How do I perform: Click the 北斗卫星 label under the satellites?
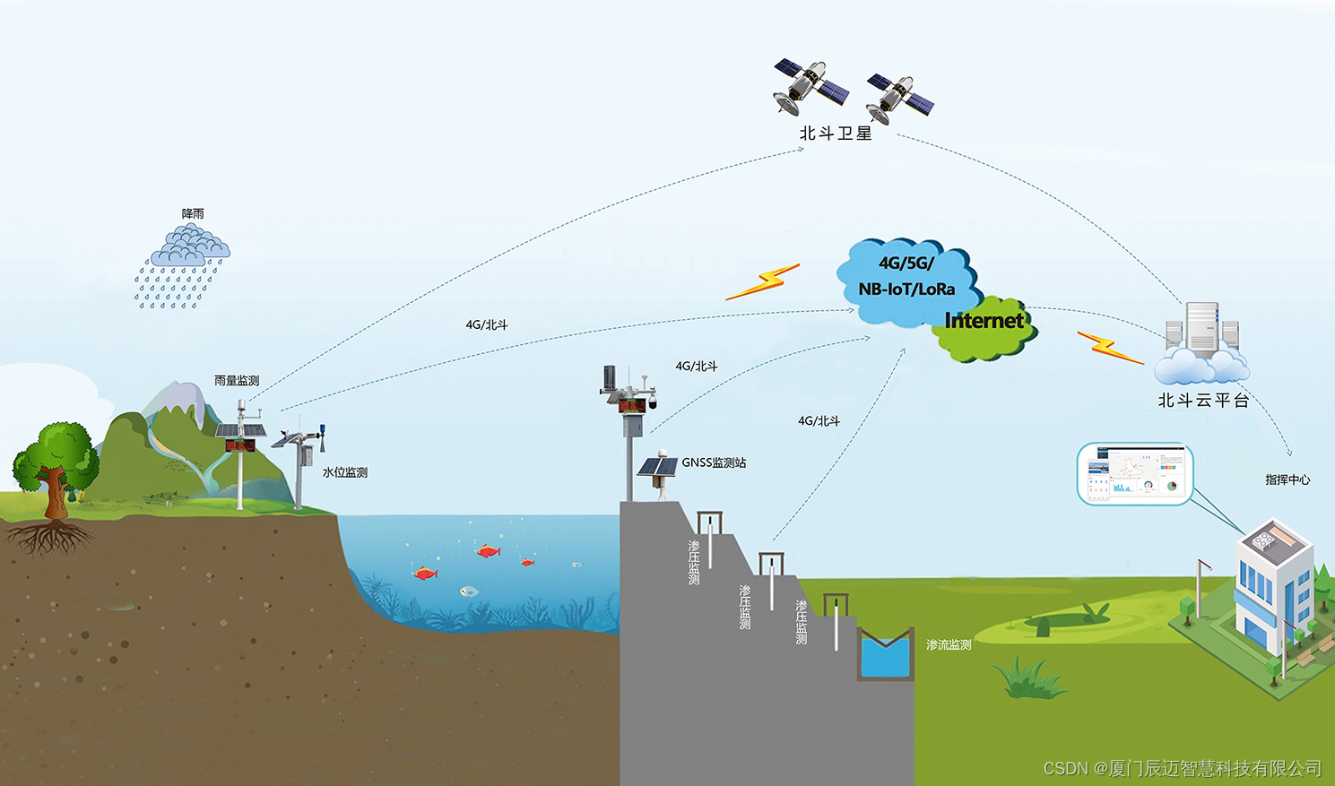point(836,134)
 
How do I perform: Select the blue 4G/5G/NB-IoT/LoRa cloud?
point(906,278)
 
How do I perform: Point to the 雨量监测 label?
point(237,381)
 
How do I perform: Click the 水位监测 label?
point(345,472)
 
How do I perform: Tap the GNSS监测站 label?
point(714,463)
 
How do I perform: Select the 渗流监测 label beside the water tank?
point(949,644)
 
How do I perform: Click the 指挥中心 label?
point(1287,479)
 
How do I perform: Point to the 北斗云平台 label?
point(1203,401)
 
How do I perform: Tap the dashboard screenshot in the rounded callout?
point(1135,473)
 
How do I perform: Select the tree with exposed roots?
point(56,475)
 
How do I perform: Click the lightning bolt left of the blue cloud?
point(763,281)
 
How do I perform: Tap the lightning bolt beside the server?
point(1110,348)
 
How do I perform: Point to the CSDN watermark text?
point(1183,768)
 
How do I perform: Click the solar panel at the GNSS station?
point(657,467)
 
